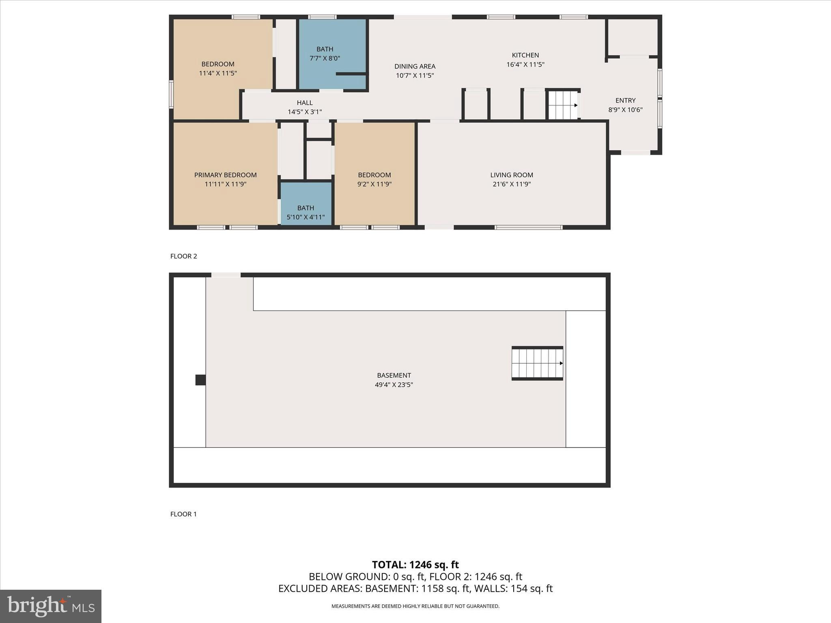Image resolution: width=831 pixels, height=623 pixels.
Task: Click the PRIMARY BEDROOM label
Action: (225, 175)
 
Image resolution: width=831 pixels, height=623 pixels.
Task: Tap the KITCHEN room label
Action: (525, 55)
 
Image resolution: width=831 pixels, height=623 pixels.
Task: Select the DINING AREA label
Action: (415, 66)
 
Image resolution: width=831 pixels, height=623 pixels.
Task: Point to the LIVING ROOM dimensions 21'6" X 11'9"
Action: (511, 184)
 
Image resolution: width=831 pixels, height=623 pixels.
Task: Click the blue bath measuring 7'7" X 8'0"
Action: (325, 54)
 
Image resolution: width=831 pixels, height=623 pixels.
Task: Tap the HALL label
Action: (304, 103)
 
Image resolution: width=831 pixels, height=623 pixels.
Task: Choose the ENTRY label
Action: (625, 100)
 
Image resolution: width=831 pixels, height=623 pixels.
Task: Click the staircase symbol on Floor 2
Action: (563, 105)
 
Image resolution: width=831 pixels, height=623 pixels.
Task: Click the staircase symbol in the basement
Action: (537, 363)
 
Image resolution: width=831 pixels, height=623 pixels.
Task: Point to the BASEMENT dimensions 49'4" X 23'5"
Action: (394, 385)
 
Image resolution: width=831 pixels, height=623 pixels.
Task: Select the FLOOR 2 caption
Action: (183, 256)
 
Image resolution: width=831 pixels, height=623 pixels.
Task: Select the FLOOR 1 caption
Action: (183, 514)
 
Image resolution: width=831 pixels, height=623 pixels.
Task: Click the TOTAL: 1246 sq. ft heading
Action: (415, 565)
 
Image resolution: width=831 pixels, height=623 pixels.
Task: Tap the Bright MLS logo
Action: (51, 606)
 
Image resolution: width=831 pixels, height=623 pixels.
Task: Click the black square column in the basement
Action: (200, 380)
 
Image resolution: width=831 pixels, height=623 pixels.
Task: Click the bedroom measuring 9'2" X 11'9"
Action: (374, 174)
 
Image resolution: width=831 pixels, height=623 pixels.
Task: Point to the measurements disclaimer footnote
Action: (415, 606)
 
